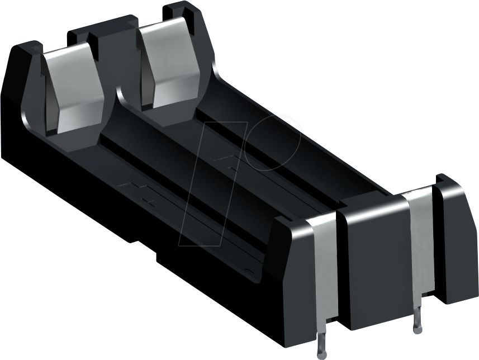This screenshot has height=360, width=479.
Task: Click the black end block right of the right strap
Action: (454, 235)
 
